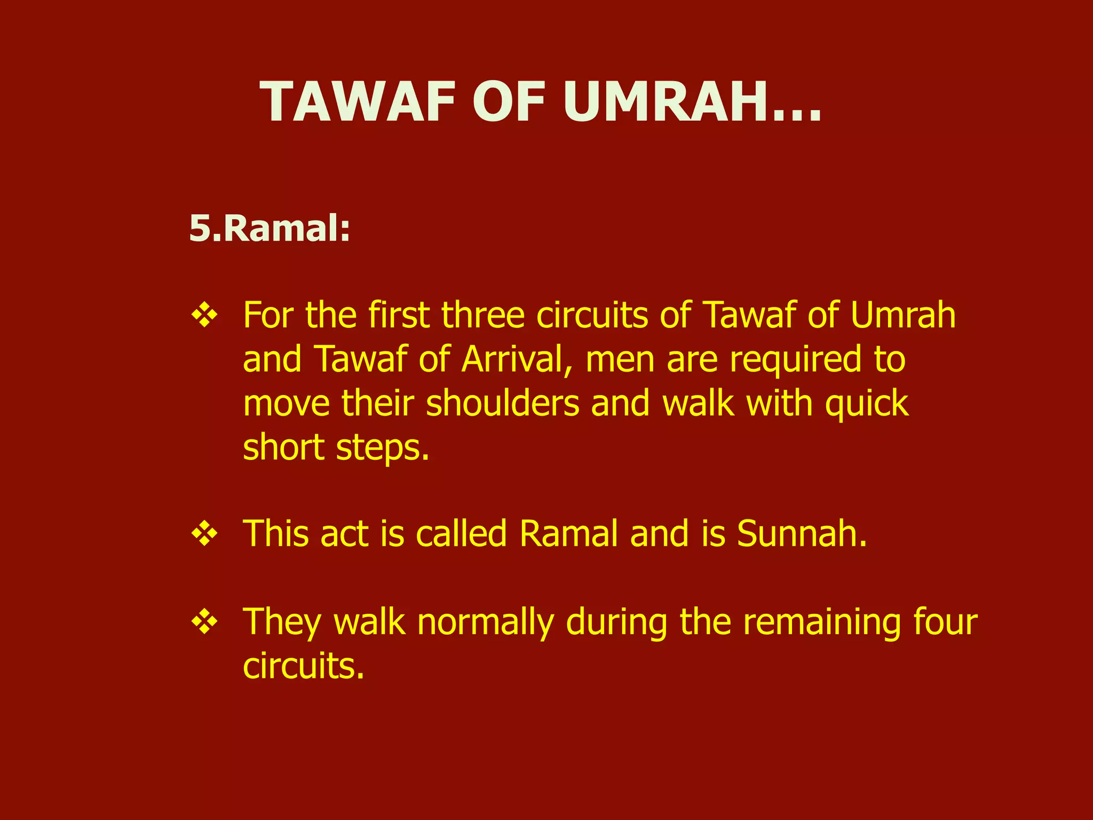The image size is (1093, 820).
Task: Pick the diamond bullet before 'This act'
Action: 204,533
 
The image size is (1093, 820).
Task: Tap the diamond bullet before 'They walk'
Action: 204,621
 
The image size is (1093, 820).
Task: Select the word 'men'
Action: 620,359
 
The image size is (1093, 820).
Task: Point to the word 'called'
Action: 461,533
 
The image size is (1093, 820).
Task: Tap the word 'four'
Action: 945,622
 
